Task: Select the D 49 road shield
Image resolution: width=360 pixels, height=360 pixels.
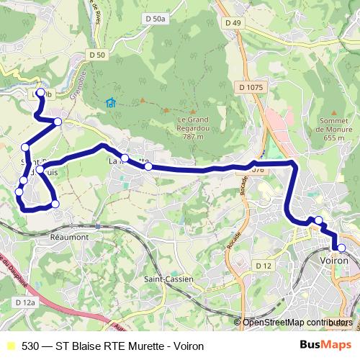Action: tap(232, 23)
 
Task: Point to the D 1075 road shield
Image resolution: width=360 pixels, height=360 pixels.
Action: tap(251, 88)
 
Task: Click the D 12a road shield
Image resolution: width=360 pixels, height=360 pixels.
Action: tap(24, 303)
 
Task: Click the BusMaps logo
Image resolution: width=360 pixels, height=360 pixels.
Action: tap(325, 346)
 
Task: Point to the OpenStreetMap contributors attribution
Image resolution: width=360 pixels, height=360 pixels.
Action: tap(297, 323)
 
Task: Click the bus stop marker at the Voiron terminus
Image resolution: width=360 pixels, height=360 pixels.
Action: tap(341, 248)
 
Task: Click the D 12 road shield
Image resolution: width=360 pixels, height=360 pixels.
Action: tap(263, 267)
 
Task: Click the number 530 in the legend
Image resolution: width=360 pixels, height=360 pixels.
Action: tap(30, 346)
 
